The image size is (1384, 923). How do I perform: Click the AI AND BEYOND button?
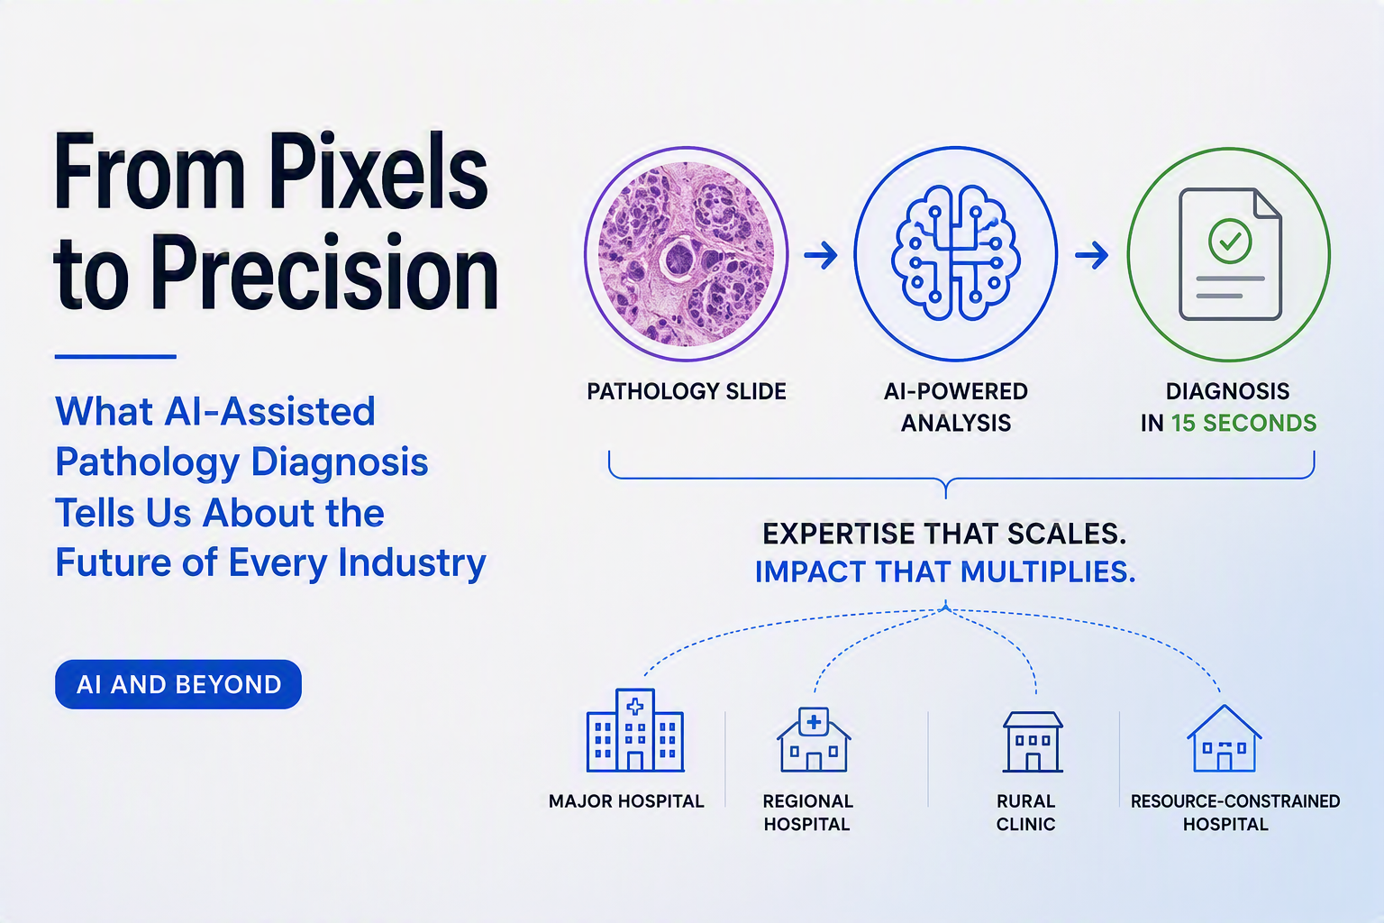(178, 684)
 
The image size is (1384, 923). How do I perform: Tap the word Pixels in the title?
(378, 171)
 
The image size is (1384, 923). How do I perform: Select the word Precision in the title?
(324, 272)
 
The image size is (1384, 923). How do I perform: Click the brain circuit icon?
(955, 253)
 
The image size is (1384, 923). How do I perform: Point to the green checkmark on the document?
(1230, 241)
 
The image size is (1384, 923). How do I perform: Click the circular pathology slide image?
(686, 253)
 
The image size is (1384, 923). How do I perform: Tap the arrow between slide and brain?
(821, 255)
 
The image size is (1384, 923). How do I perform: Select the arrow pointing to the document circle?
(1092, 255)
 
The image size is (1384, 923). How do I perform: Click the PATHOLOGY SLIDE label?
(687, 391)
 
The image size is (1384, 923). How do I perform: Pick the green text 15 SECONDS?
(1243, 423)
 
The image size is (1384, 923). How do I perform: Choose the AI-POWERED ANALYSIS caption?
(956, 407)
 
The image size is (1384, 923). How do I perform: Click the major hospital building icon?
(635, 730)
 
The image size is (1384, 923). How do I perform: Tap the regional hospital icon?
(814, 739)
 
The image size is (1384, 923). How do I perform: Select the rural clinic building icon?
(1033, 742)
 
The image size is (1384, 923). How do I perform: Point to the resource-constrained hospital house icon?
(1224, 738)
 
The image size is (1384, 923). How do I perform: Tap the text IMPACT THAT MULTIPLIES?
(945, 571)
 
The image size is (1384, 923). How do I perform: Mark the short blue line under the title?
(115, 357)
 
